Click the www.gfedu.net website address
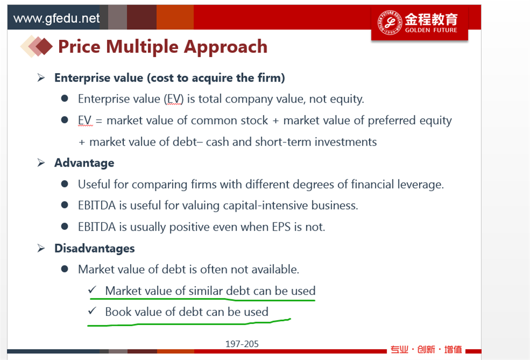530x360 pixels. [56, 18]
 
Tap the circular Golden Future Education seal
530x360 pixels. [390, 23]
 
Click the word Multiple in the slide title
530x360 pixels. [142, 47]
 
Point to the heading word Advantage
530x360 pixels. [84, 163]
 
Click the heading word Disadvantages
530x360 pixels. [95, 248]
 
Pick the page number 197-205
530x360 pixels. [242, 344]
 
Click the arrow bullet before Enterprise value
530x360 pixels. [41, 78]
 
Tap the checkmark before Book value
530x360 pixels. [92, 311]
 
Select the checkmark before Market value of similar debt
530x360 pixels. [92, 290]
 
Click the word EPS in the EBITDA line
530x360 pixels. [281, 227]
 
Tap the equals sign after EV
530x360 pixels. [99, 121]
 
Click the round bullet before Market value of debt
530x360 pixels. [65, 269]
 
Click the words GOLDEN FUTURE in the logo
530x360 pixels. [431, 30]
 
